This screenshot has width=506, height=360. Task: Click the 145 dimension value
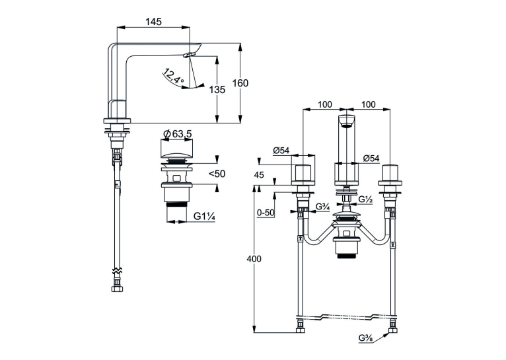[153, 22]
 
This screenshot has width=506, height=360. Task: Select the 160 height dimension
[240, 83]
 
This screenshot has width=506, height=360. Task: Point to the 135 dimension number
[217, 89]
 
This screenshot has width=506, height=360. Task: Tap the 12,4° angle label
[174, 77]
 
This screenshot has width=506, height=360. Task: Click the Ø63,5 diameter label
[177, 133]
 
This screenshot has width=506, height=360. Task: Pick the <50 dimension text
[217, 174]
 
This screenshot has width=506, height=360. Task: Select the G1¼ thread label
[204, 217]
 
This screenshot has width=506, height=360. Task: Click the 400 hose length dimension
[254, 259]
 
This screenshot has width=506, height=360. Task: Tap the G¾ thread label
[322, 207]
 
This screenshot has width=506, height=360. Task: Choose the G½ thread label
[365, 199]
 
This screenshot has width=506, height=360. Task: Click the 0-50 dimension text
[266, 213]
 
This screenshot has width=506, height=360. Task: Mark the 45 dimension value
[259, 175]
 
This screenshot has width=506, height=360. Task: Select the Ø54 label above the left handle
[281, 151]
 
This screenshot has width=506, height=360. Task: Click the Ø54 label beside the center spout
[371, 159]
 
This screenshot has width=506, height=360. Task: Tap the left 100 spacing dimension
[324, 104]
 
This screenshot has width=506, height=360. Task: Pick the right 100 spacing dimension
[368, 104]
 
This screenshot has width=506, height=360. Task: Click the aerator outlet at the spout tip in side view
[190, 55]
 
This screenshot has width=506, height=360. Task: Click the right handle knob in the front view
[390, 176]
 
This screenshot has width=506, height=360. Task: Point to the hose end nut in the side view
[116, 289]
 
